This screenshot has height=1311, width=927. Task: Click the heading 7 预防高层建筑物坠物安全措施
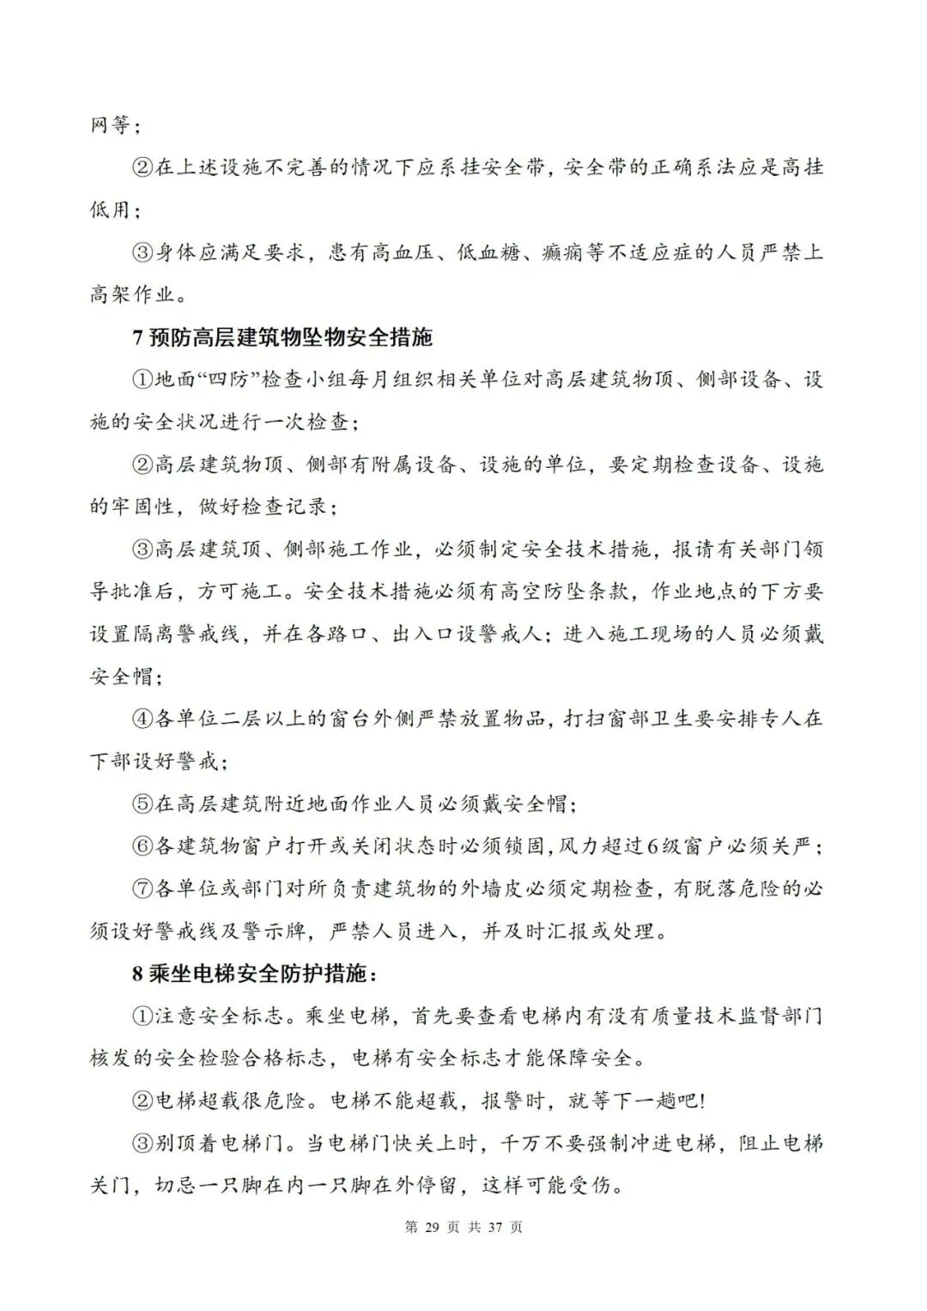coord(282,337)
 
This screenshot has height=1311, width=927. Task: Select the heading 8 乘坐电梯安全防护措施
coord(255,974)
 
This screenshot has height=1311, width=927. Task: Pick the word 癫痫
coord(564,254)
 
